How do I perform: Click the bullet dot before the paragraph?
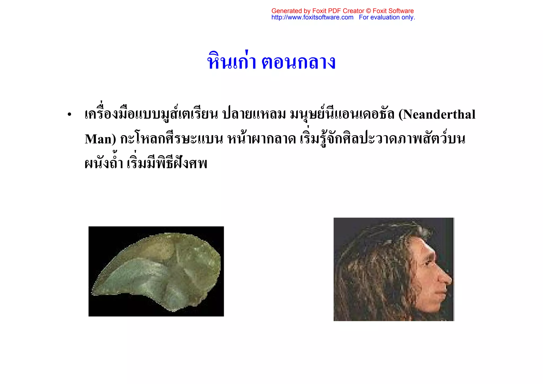(x=69, y=115)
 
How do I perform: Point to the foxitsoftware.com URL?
(x=312, y=17)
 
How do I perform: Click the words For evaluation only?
(x=387, y=17)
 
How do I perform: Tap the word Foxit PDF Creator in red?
(x=338, y=11)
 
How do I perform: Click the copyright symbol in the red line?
(x=369, y=11)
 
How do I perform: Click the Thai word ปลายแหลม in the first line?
(x=254, y=114)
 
